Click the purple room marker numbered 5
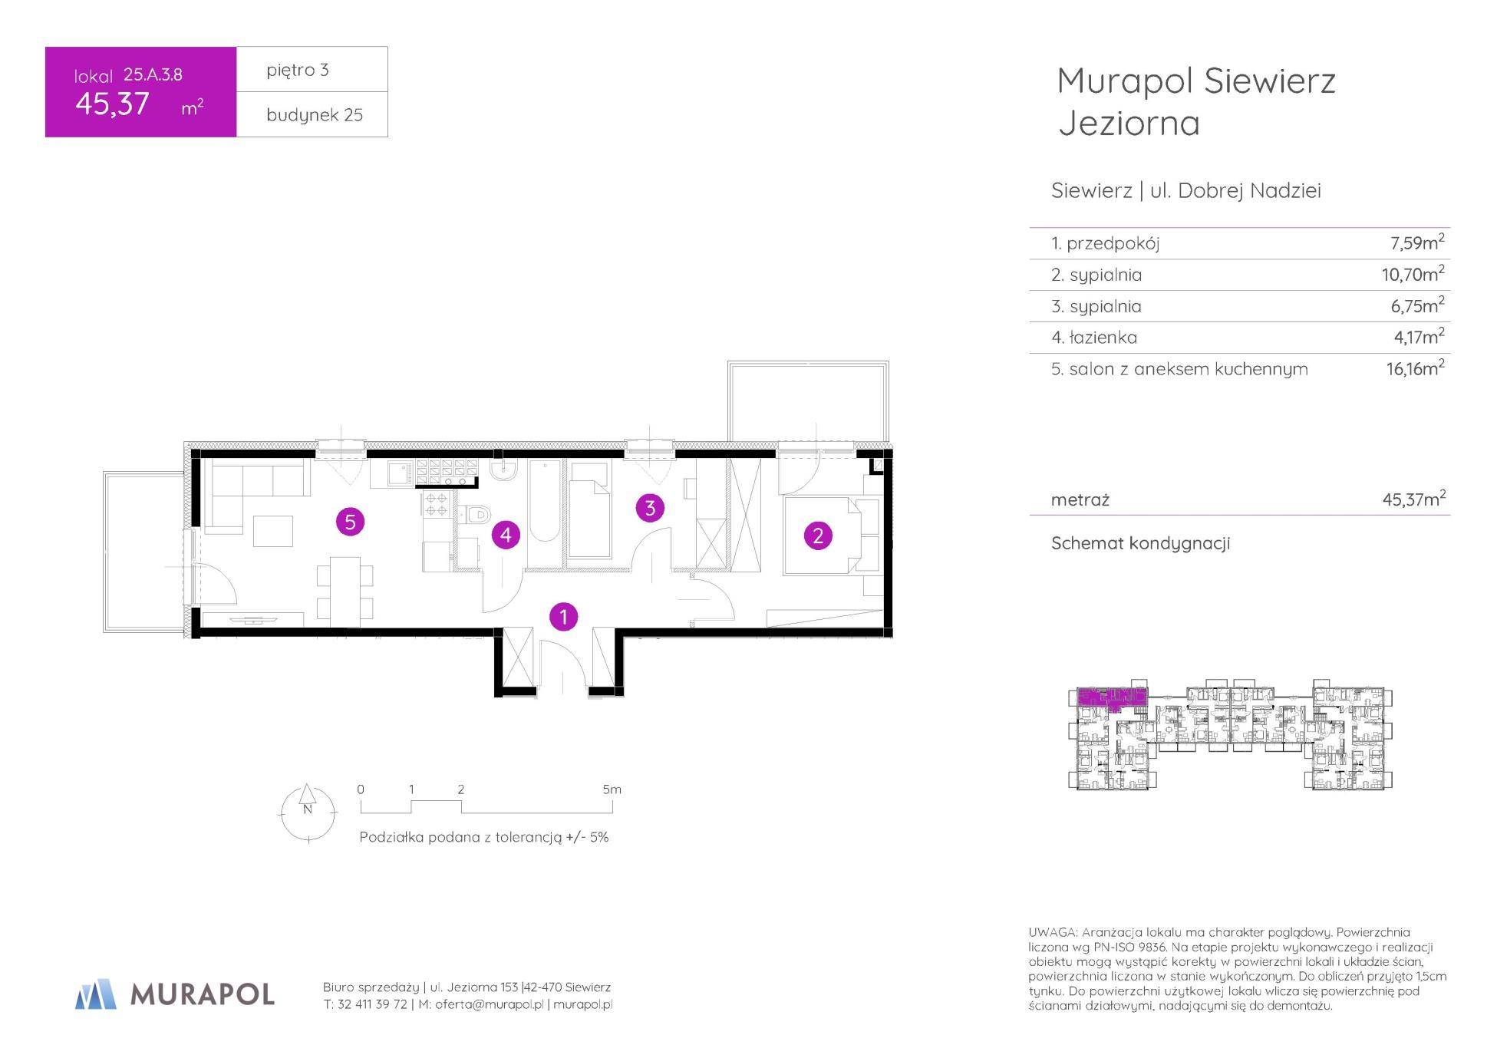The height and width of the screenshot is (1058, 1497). [350, 522]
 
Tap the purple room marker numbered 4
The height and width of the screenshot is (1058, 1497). [506, 535]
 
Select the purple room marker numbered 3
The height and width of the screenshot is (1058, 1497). [650, 508]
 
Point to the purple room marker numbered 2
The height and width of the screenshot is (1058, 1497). [818, 536]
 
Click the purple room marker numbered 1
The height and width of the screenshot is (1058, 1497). [564, 616]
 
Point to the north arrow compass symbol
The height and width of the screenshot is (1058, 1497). [308, 812]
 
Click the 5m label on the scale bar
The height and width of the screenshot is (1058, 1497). [612, 789]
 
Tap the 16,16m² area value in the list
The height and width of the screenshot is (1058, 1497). [1416, 367]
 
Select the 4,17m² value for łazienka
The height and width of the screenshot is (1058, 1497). [1419, 336]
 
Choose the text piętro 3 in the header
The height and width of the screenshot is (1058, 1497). [298, 70]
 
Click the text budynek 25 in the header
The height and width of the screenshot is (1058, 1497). [315, 115]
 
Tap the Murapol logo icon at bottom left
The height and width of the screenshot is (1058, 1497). [96, 994]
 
